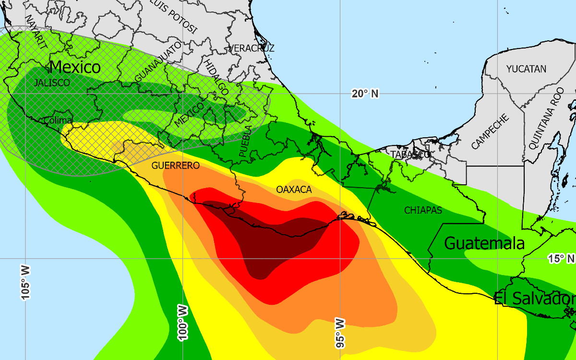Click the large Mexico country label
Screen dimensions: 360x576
click(x=75, y=67)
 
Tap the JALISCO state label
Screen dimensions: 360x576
click(x=52, y=83)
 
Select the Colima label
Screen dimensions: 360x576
click(x=58, y=120)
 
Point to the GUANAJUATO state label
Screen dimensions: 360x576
click(x=158, y=62)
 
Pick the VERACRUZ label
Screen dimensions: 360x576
click(x=252, y=48)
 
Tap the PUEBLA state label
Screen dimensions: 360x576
click(x=245, y=142)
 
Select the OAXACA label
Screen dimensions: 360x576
click(x=294, y=190)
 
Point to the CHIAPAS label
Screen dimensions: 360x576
click(x=423, y=210)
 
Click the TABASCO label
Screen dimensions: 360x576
click(x=410, y=155)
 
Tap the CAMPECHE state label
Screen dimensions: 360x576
click(x=490, y=132)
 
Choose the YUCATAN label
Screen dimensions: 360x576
click(x=526, y=69)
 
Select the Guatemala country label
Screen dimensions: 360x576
click(x=484, y=243)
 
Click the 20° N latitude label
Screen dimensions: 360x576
click(x=365, y=94)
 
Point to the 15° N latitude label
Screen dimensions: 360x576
click(x=561, y=259)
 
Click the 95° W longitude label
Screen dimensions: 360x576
click(x=340, y=332)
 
